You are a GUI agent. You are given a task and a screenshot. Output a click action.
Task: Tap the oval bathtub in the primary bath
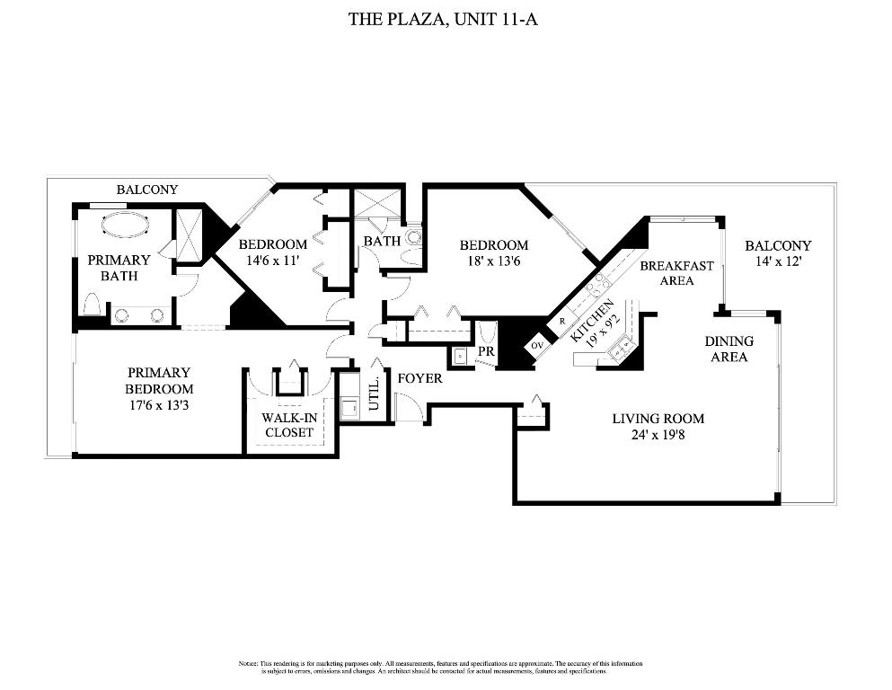[125, 224]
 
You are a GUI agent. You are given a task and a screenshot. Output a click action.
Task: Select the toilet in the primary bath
[91, 306]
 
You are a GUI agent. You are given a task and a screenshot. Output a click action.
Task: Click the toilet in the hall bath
[414, 239]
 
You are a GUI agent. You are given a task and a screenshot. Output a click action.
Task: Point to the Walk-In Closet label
[288, 425]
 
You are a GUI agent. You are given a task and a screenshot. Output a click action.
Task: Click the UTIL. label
[374, 396]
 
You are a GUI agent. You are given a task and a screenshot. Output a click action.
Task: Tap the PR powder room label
[485, 351]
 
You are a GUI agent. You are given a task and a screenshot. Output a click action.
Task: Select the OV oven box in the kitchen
[538, 345]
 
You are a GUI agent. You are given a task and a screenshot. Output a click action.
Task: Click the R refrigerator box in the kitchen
[562, 321]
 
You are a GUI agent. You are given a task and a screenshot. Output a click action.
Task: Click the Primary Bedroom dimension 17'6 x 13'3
[159, 405]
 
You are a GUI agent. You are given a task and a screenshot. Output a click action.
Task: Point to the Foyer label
[420, 378]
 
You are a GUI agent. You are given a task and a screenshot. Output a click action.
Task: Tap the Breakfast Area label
[676, 273]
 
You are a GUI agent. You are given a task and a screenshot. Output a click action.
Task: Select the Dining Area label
[729, 349]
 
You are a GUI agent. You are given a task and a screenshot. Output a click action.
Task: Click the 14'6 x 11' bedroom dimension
[273, 261]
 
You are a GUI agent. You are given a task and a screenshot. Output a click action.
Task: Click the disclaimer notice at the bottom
[440, 667]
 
